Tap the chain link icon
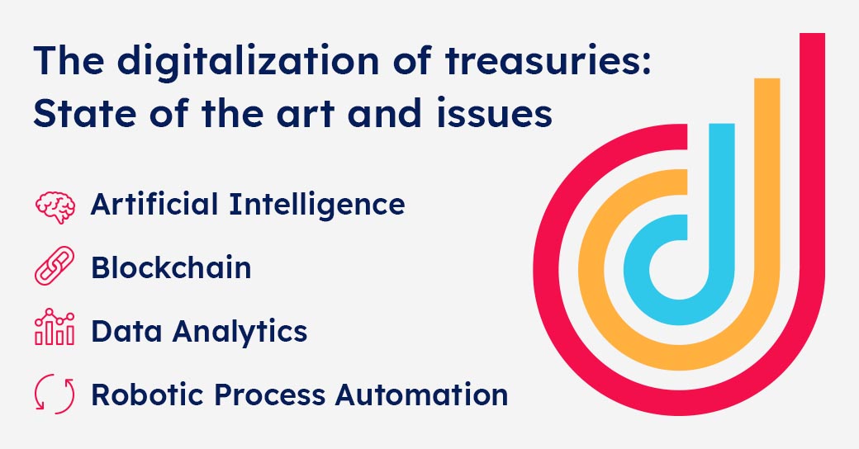click(x=55, y=266)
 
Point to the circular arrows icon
click(x=55, y=394)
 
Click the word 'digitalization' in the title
click(x=248, y=61)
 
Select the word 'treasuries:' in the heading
click(x=548, y=60)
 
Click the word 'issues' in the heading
click(x=494, y=113)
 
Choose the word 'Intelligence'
click(x=317, y=205)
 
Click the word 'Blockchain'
click(x=172, y=267)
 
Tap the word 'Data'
click(x=126, y=331)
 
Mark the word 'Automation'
click(x=422, y=395)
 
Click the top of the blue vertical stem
click(x=722, y=125)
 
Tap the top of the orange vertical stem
click(x=767, y=80)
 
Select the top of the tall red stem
click(x=812, y=35)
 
